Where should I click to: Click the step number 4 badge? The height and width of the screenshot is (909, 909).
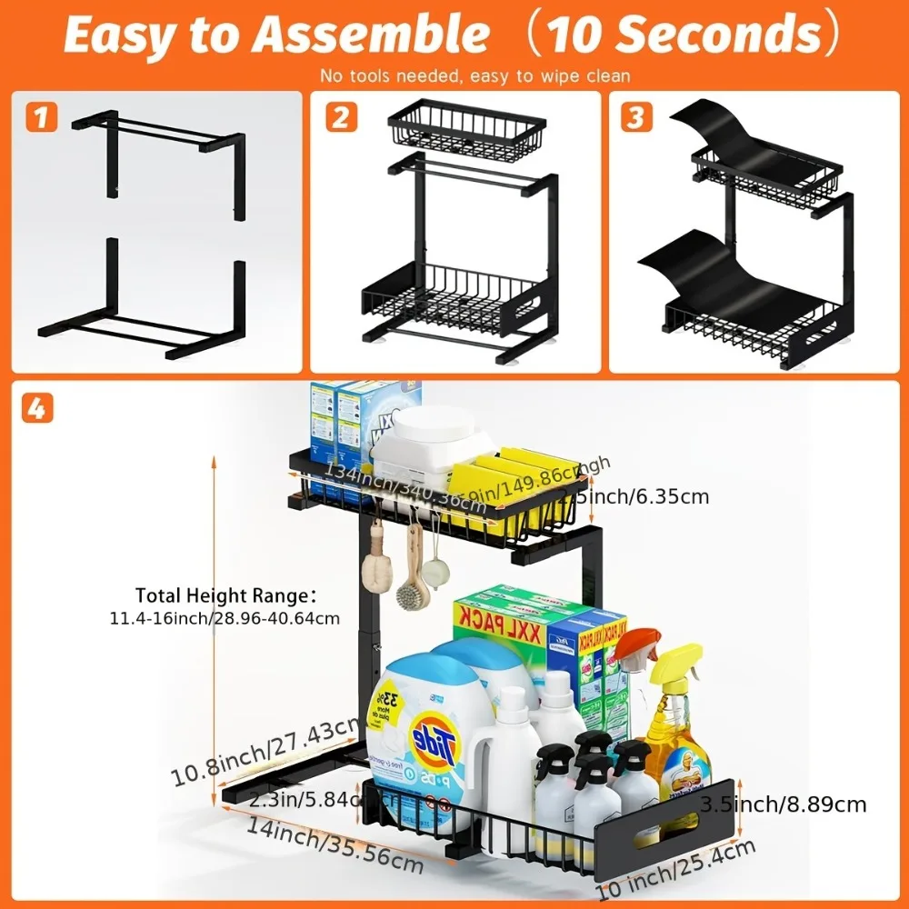[x=35, y=408]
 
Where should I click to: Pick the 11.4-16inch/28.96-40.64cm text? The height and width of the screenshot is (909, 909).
[x=225, y=618]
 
